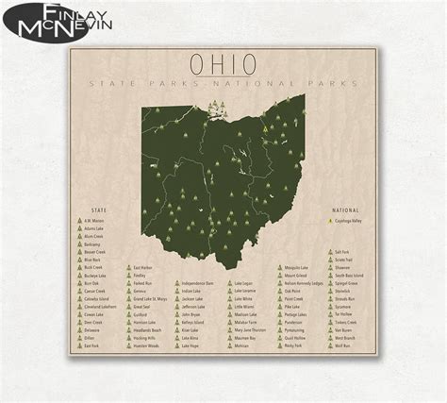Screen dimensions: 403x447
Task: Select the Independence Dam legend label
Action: pos(197,283)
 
